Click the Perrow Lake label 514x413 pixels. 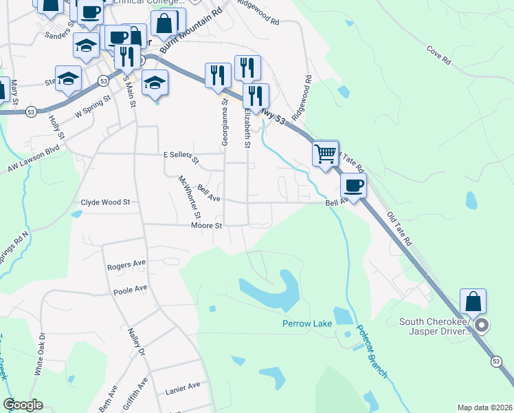[x=306, y=324]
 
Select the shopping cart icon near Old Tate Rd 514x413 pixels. [x=325, y=153]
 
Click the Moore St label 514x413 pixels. [x=207, y=225]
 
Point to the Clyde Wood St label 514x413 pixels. [x=105, y=202]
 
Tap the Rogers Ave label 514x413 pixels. [x=126, y=264]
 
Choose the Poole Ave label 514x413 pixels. [x=131, y=288]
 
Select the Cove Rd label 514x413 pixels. [x=438, y=56]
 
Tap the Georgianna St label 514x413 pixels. [x=225, y=122]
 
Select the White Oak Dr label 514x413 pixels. [x=39, y=354]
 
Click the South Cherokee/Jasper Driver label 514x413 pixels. [x=435, y=326]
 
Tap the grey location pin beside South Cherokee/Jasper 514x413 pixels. [x=482, y=325]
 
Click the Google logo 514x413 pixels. [x=23, y=405]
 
